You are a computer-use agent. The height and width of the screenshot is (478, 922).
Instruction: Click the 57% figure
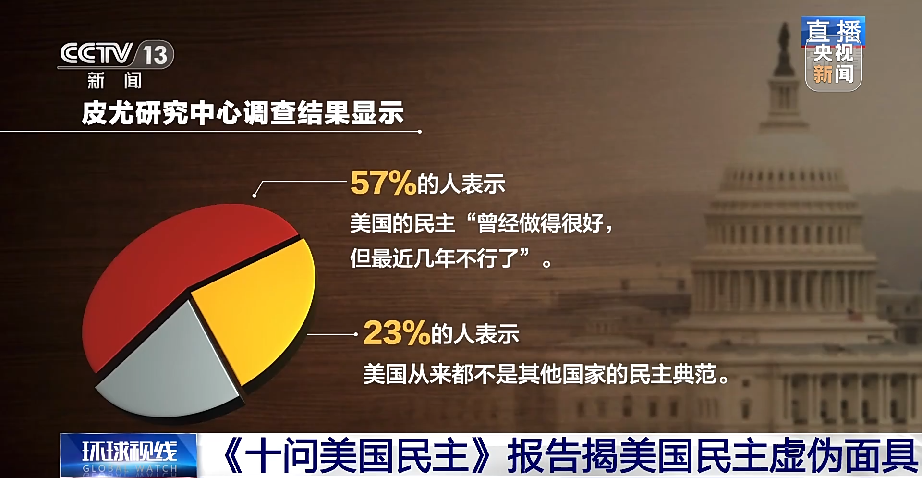point(383,183)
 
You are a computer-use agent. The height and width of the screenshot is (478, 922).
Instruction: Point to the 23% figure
point(396,333)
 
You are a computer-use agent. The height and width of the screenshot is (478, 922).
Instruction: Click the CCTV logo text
point(96,53)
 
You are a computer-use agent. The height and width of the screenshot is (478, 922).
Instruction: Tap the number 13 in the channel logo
point(155,55)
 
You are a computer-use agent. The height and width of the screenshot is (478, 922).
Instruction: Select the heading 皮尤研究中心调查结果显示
point(243,113)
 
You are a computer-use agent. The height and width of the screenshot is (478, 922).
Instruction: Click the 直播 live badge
point(833,31)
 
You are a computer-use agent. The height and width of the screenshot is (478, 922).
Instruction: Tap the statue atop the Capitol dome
point(784,48)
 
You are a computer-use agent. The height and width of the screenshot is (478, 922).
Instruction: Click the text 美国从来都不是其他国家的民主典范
point(545,374)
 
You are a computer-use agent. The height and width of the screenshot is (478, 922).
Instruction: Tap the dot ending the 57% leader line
point(255,196)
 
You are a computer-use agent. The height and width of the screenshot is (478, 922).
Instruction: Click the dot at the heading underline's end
point(419,131)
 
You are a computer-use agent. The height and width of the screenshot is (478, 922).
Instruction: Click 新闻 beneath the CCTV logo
point(114,81)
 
